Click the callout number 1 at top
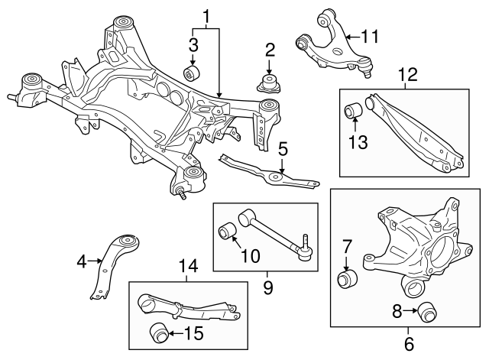click(x=205, y=15)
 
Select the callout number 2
click(x=270, y=51)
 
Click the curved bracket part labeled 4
click(x=115, y=264)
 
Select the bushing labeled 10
click(x=228, y=229)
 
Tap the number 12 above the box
click(x=407, y=75)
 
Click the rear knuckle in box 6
click(x=416, y=241)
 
